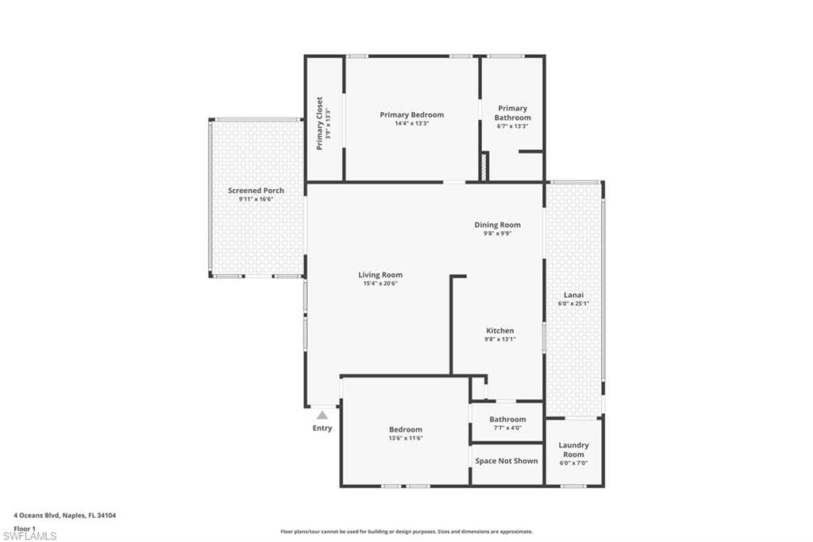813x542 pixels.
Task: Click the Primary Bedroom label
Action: (x=411, y=114)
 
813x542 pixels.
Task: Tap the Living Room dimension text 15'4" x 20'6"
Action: (x=380, y=283)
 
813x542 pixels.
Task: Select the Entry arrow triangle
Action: (x=322, y=414)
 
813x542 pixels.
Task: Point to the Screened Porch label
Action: (x=256, y=191)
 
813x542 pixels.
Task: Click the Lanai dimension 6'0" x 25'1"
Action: (x=573, y=303)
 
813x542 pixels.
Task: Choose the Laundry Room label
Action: (x=573, y=450)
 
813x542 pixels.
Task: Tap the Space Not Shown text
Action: (x=507, y=461)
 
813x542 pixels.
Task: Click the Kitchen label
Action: (x=500, y=331)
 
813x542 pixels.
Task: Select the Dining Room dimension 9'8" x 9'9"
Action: (x=497, y=234)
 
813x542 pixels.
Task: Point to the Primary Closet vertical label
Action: (x=319, y=123)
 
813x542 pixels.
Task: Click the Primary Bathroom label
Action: (x=512, y=113)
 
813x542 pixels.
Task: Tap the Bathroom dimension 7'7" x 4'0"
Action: (x=507, y=428)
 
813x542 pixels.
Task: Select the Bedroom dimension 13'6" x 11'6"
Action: (x=405, y=438)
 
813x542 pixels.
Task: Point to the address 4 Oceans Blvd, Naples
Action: (x=65, y=515)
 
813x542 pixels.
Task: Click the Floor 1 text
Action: (x=25, y=528)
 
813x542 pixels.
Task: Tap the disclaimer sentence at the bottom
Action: (x=406, y=532)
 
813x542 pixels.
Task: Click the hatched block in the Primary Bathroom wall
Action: (x=483, y=166)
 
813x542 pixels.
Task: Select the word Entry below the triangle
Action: (x=322, y=428)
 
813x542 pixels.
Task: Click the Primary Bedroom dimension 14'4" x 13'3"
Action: (x=411, y=123)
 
